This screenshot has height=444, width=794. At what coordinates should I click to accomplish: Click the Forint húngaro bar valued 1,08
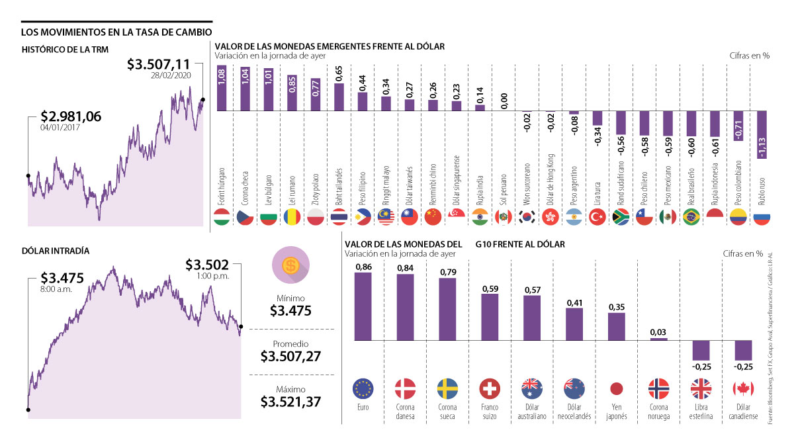point(222,87)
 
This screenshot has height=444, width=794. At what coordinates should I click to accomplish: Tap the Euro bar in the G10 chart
point(363,306)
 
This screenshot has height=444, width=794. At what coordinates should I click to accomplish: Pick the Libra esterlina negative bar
point(701,350)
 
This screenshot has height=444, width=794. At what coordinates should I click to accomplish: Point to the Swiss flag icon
point(490,388)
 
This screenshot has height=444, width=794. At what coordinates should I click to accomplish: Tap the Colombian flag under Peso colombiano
point(738,216)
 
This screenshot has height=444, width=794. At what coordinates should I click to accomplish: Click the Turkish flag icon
point(598,216)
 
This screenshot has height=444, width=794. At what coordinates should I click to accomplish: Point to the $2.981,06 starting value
point(71,116)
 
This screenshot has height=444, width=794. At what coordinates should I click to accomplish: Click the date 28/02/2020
point(171,76)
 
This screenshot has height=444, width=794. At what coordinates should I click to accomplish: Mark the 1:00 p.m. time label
point(213,276)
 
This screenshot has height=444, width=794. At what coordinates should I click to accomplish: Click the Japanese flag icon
point(617,388)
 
